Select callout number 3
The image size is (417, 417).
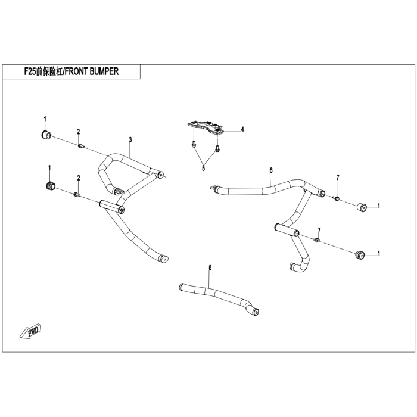pos(130,140)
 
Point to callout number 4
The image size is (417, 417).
pos(242,129)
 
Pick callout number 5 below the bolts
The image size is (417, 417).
pos(203,169)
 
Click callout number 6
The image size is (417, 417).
pos(270,170)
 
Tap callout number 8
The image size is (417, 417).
pos(210,269)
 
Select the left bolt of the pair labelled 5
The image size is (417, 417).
pos(194,144)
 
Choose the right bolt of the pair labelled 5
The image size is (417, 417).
pos(217,147)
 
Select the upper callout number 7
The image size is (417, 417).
pos(337,178)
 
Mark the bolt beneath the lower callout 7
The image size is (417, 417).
pos(318,239)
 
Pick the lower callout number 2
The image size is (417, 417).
pos(78,178)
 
